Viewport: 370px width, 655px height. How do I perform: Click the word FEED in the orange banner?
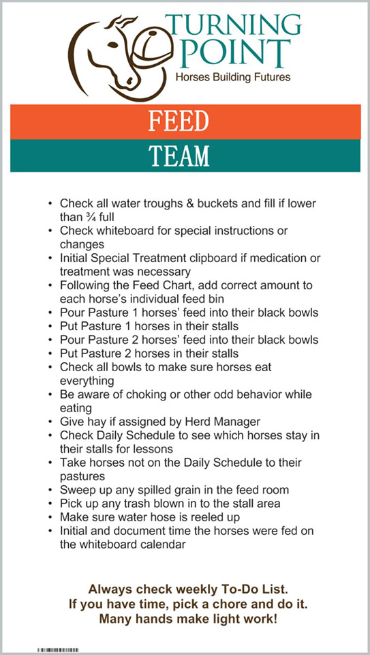point(179,121)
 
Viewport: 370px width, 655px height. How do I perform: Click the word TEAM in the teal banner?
point(179,156)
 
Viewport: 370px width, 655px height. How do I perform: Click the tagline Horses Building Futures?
point(233,77)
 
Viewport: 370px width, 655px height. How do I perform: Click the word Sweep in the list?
point(76,490)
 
